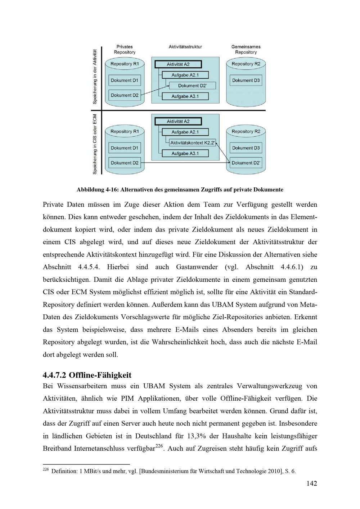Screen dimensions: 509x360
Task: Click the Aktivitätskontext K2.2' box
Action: [x=192, y=143]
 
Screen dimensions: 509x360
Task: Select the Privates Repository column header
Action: [x=125, y=50]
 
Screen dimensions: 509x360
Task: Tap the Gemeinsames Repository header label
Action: [x=246, y=50]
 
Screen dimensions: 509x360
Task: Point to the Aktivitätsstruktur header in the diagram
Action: [x=185, y=47]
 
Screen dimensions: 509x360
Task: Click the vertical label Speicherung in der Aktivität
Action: [x=95, y=76]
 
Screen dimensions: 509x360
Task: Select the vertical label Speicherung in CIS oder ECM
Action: [x=95, y=144]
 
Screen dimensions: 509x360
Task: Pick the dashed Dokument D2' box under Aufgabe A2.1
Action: [x=192, y=86]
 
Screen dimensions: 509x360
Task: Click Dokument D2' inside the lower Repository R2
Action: [x=246, y=163]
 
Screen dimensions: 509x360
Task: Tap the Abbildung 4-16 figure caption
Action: [x=180, y=190]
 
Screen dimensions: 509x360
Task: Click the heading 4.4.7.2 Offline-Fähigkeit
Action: [x=87, y=375]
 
